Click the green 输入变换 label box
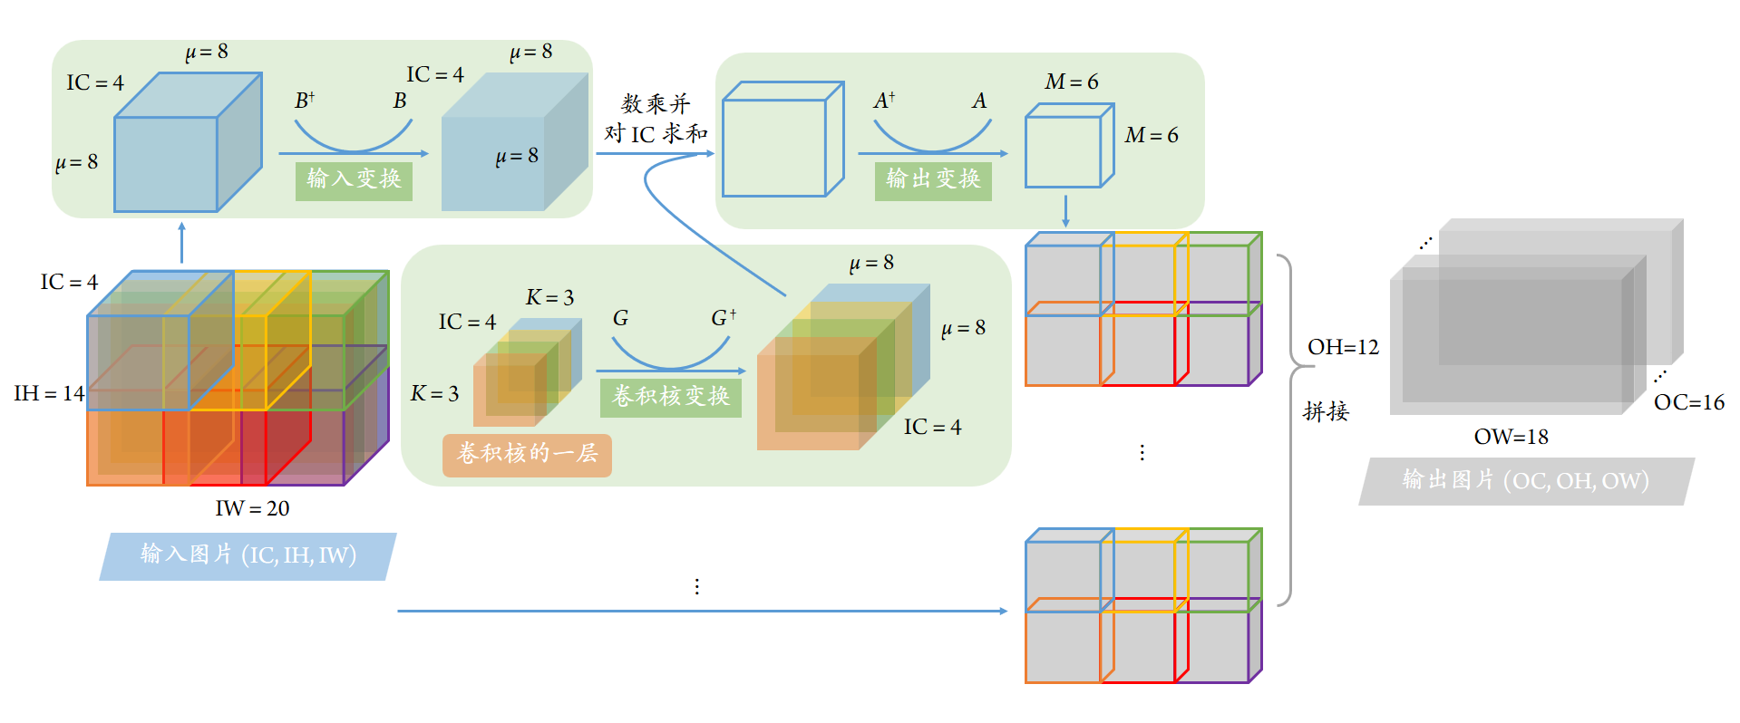[354, 180]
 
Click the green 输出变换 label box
[933, 180]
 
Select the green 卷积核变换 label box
[671, 398]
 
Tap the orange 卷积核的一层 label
[527, 455]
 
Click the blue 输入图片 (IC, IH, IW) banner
[248, 556]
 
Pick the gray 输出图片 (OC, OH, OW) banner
[1526, 481]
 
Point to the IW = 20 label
[252, 508]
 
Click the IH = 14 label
[49, 393]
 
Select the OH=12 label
[1343, 347]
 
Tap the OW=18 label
[1512, 437]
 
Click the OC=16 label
[1689, 402]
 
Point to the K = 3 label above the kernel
[549, 297]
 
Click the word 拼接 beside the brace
[1326, 412]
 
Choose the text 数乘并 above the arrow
[656, 104]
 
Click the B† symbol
[305, 101]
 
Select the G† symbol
[724, 318]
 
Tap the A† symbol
[884, 101]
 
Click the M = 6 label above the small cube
[1072, 82]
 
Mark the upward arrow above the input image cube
[181, 243]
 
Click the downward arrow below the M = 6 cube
[1065, 210]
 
